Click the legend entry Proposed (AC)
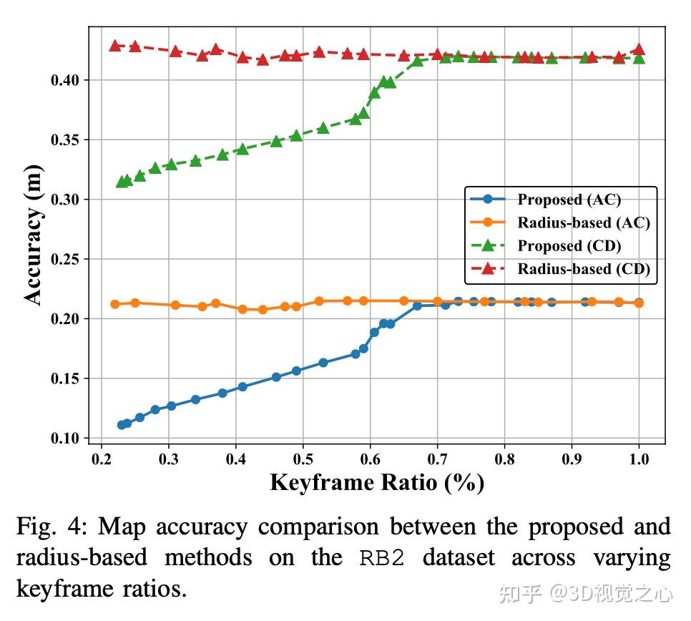click(569, 200)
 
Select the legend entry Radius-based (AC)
click(584, 223)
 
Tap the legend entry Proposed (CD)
click(569, 245)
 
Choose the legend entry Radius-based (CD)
click(584, 268)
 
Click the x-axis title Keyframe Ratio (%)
click(377, 483)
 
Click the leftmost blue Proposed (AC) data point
click(122, 425)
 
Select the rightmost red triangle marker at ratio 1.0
click(639, 49)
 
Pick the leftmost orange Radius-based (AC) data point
click(115, 304)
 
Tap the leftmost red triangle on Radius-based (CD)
click(115, 46)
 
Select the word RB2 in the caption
click(383, 558)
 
